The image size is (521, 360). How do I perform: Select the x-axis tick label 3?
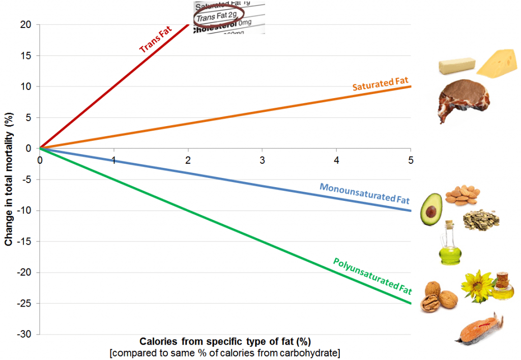pyautogui.click(x=262, y=160)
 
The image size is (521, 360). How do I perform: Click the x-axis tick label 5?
pyautogui.click(x=410, y=160)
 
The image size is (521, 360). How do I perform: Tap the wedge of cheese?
pyautogui.click(x=499, y=63)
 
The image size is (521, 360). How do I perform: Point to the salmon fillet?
pyautogui.click(x=479, y=330)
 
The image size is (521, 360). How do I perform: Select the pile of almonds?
pyautogui.click(x=461, y=195)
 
